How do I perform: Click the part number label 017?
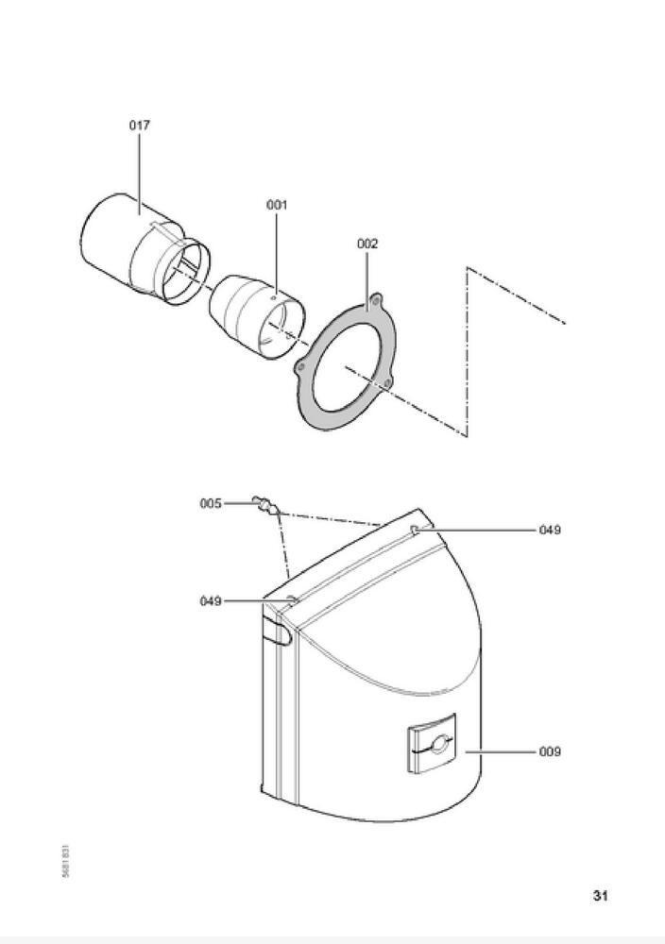click(139, 125)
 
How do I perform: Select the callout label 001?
click(277, 204)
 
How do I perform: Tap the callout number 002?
click(367, 244)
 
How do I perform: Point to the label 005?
click(210, 504)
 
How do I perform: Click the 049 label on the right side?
click(550, 530)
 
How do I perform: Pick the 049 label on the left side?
click(211, 600)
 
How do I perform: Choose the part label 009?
click(550, 751)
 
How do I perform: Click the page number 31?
click(600, 896)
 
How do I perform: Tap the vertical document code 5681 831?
click(63, 860)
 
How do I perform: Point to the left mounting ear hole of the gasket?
click(301, 365)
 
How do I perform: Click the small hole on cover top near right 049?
click(417, 530)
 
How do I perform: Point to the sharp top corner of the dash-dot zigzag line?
click(468, 268)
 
